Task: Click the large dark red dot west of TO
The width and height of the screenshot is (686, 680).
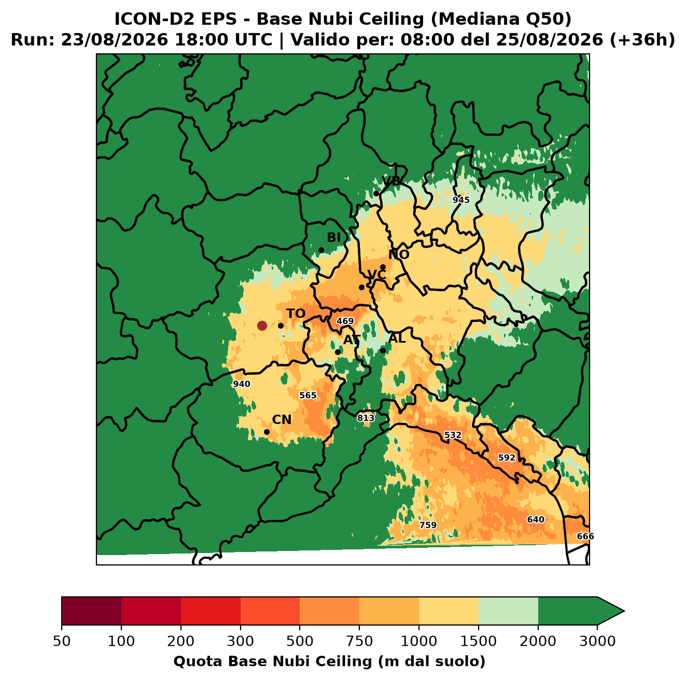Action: coord(262,325)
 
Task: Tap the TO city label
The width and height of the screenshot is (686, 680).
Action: coord(296,314)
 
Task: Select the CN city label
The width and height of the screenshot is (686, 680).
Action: coord(282,419)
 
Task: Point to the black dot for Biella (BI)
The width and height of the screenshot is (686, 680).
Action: coord(321,250)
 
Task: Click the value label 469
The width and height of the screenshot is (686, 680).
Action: coord(345,321)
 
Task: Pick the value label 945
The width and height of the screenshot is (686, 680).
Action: coord(460,200)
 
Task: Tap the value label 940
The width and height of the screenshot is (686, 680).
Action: coord(241,384)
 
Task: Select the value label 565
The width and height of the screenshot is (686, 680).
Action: coord(307,395)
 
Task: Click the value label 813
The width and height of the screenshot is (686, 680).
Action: coord(366,418)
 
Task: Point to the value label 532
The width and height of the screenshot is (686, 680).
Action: coord(453,435)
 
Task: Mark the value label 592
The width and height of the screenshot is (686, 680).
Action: coord(506,457)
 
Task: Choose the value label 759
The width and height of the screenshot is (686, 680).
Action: coord(428,525)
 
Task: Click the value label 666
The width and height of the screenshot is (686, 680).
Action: coord(585,536)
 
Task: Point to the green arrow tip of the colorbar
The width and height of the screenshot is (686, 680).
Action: coord(624,611)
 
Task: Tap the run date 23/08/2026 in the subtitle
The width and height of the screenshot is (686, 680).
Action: coord(114,40)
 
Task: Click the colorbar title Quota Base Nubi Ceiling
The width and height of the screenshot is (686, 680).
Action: coord(273,661)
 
